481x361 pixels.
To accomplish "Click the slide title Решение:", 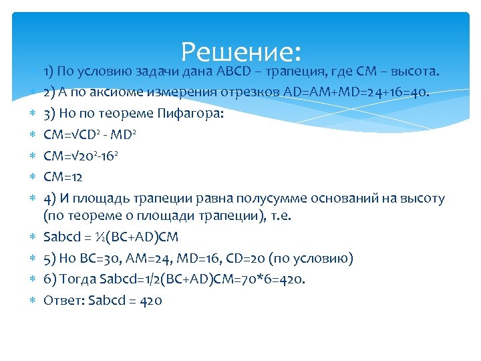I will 241,52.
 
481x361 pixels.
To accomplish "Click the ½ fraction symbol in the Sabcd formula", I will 97,237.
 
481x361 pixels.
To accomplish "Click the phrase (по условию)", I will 317,259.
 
